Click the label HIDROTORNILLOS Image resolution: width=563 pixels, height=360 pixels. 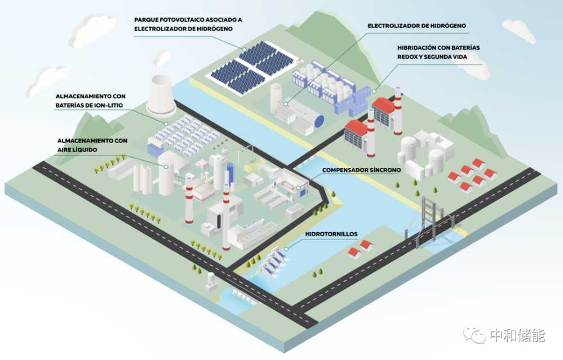331,234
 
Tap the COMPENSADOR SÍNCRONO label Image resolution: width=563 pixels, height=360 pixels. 361,170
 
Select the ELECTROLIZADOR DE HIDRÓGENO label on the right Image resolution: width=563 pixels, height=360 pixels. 416,26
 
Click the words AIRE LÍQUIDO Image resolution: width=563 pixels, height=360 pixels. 77,150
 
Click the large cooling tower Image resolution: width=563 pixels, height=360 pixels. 161,95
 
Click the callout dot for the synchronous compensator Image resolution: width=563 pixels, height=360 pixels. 299,187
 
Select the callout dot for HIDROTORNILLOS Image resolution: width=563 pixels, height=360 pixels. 286,248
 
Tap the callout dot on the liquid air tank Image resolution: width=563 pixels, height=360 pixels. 166,167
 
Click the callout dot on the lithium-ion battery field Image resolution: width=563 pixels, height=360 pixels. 166,123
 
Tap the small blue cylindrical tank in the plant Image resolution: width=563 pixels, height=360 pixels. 230,172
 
